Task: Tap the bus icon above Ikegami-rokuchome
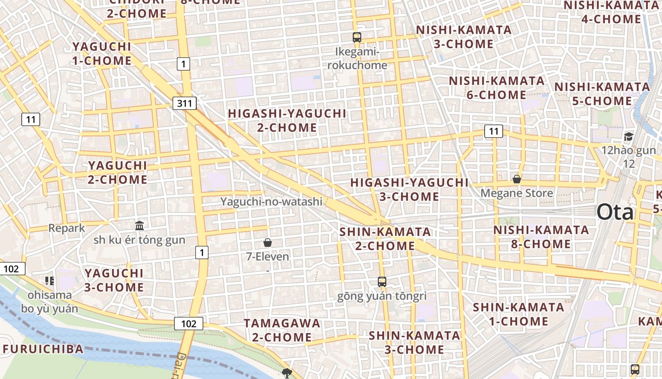tap(357, 37)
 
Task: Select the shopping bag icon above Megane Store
tap(517, 179)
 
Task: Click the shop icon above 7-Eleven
tap(268, 243)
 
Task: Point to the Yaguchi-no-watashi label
tap(271, 202)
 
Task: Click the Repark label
tap(67, 228)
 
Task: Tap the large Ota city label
tap(615, 212)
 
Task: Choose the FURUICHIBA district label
tap(43, 349)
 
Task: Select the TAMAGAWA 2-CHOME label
tap(282, 330)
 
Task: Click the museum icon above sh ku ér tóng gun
tap(139, 226)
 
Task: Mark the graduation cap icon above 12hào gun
tap(628, 137)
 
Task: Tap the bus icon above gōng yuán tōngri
tap(382, 282)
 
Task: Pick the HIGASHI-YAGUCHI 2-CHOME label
tap(287, 120)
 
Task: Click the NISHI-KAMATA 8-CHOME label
tap(541, 237)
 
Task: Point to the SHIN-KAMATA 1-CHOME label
tap(519, 314)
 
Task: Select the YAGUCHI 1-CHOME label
tap(102, 54)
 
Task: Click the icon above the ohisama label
tap(50, 281)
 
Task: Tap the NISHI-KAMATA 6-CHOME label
tap(496, 88)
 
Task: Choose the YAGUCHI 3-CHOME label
tap(114, 280)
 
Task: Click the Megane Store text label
tap(517, 193)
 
